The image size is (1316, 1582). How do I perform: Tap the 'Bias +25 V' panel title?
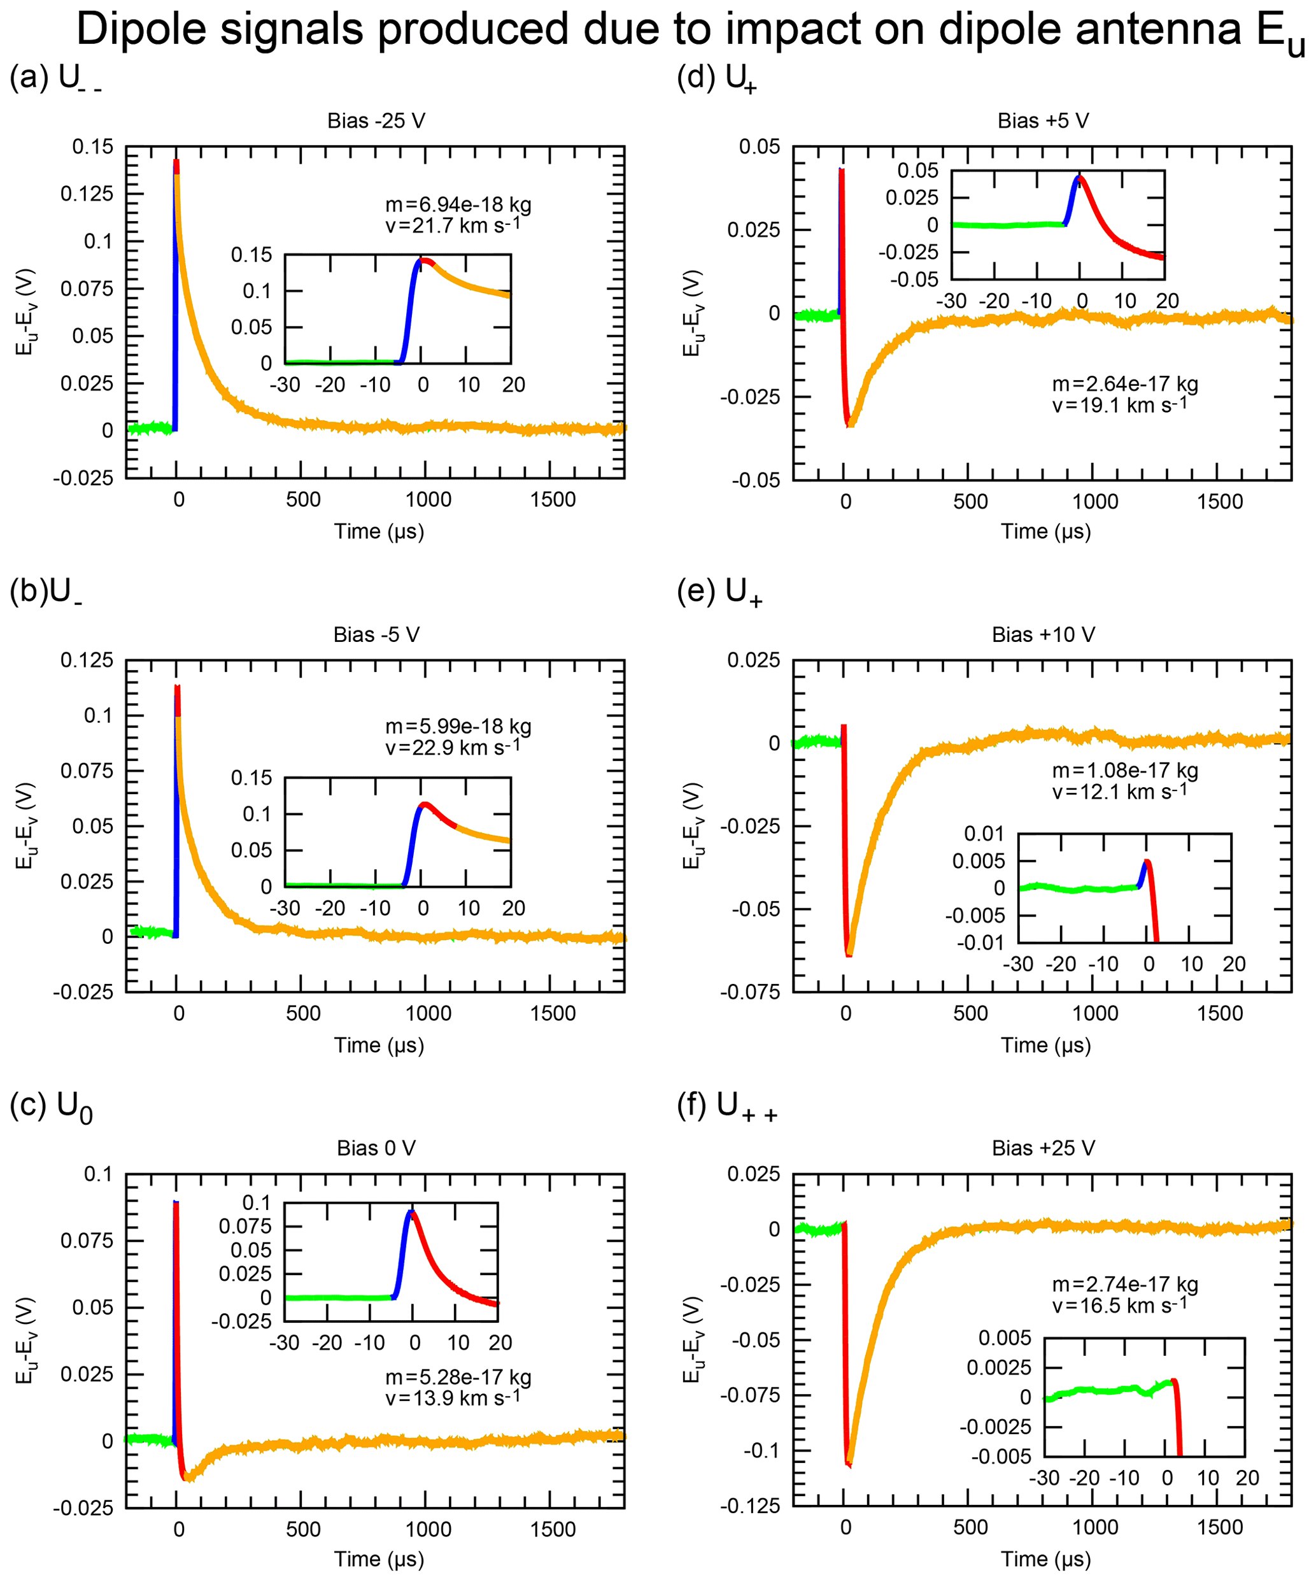pos(1044,1148)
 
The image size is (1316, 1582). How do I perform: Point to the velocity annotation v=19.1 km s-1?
pos(1119,405)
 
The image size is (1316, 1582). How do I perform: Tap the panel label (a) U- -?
pos(55,78)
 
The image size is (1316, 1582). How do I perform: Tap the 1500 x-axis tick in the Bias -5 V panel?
pos(552,1013)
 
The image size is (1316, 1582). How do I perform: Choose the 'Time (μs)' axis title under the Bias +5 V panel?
pos(1045,531)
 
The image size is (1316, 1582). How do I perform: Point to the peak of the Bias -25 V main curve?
pos(176,162)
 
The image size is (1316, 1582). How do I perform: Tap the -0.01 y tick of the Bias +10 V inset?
pos(980,943)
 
